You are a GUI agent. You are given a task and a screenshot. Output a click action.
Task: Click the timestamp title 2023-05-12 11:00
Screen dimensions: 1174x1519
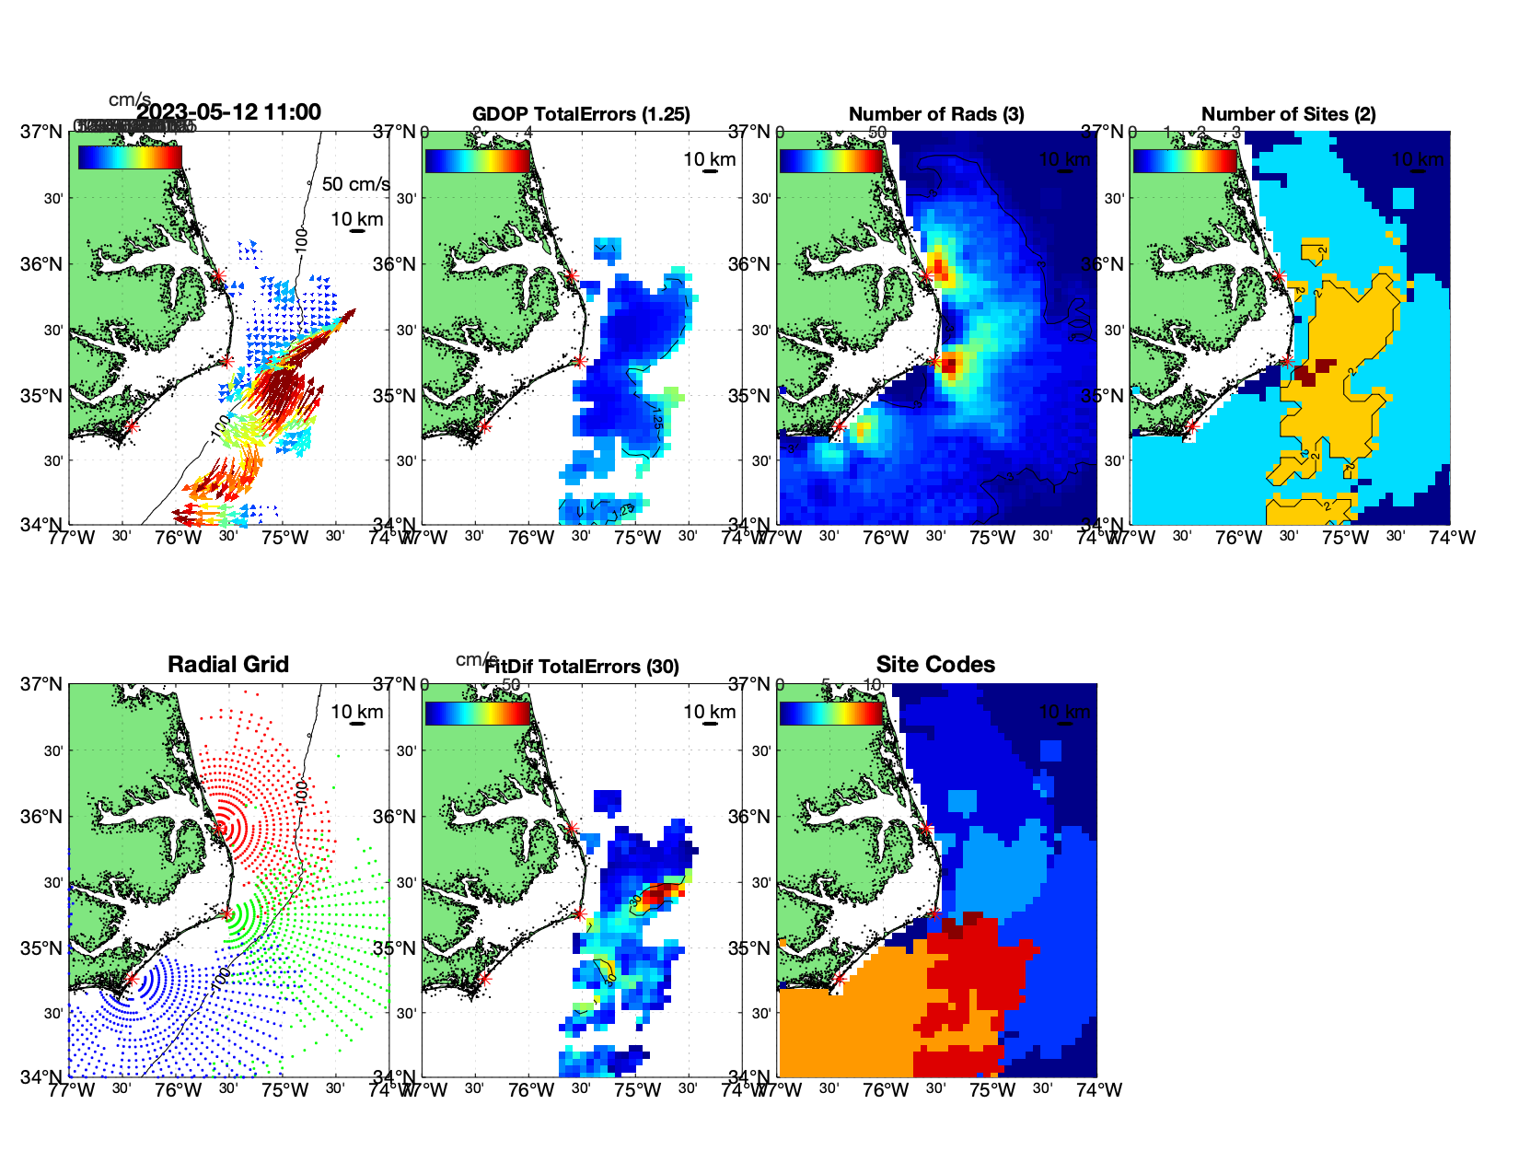point(229,112)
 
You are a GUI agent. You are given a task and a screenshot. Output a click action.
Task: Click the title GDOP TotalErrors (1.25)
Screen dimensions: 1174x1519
point(581,114)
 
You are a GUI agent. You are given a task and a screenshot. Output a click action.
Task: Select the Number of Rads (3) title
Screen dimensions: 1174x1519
point(936,114)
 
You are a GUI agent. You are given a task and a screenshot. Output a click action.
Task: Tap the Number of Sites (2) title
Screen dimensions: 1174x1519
point(1288,114)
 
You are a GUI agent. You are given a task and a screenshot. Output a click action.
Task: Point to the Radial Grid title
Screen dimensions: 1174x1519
point(228,665)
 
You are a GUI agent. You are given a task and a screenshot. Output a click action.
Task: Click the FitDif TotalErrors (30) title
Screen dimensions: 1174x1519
point(582,667)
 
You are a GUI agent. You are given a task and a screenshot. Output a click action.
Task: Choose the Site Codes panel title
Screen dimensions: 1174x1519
point(935,665)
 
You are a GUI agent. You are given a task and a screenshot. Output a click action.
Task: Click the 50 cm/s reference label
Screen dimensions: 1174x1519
point(355,184)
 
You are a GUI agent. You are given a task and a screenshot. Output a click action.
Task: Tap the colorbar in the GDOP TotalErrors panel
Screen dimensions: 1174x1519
point(477,159)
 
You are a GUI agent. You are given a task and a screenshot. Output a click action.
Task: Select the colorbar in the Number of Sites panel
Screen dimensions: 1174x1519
point(1184,159)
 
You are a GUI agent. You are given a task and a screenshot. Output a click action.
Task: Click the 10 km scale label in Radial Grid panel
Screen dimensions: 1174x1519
point(356,712)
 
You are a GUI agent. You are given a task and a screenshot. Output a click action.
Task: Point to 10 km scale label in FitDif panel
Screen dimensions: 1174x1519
point(709,712)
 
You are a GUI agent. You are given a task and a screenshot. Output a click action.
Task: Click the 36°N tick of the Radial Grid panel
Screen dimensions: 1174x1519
point(42,817)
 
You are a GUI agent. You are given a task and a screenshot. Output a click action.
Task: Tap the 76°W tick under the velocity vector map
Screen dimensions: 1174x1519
point(178,538)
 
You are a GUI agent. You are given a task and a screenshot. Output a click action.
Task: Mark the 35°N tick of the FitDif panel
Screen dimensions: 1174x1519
point(396,948)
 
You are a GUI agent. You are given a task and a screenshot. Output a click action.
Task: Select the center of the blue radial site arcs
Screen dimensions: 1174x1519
point(132,980)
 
